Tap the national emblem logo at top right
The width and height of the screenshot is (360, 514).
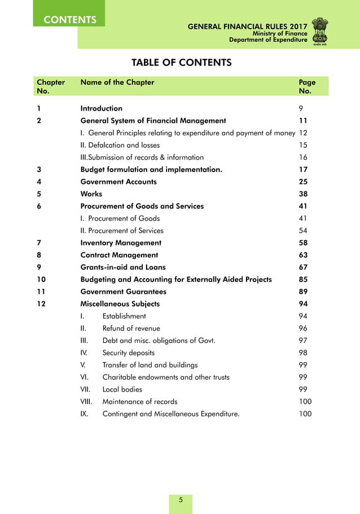click(x=323, y=31)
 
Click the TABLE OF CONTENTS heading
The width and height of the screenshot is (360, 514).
click(x=181, y=62)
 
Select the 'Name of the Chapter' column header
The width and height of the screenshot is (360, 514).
click(x=117, y=82)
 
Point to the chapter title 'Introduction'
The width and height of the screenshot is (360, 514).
click(x=102, y=108)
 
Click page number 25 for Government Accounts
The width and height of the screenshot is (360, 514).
click(x=303, y=182)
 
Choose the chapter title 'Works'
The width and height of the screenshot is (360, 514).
click(x=91, y=194)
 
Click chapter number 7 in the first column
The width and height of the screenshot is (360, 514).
click(x=38, y=243)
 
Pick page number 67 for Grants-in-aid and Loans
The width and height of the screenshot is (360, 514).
click(x=303, y=267)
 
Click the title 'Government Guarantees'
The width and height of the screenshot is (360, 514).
click(x=124, y=292)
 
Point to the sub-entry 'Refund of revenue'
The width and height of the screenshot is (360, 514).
click(x=131, y=328)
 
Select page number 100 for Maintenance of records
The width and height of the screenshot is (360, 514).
click(x=305, y=402)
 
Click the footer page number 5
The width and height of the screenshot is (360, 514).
click(x=181, y=500)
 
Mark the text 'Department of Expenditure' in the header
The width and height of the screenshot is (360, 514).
click(x=268, y=40)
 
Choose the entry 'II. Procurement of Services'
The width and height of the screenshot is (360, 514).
click(x=122, y=231)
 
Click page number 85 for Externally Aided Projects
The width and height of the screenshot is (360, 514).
click(x=303, y=279)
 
